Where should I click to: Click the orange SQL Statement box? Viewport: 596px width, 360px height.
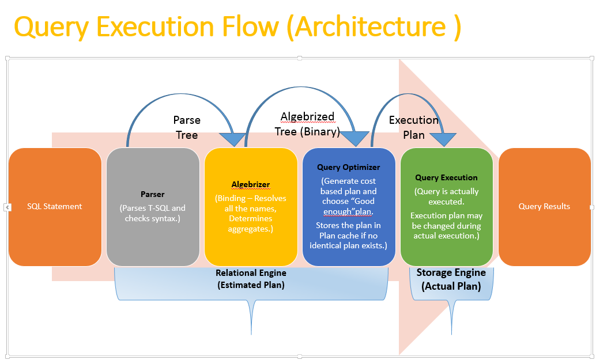point(55,207)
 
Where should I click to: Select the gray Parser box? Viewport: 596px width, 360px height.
point(153,207)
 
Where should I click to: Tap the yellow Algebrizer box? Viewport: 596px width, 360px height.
point(251,207)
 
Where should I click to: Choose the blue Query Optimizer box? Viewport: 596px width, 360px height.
point(349,207)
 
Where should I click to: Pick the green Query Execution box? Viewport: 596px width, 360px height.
point(447,207)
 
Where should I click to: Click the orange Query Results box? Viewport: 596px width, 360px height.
point(544,207)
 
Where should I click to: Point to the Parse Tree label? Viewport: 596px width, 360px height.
point(187,127)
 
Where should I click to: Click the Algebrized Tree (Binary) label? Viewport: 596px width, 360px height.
point(307,124)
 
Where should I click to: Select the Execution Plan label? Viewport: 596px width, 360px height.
point(414,127)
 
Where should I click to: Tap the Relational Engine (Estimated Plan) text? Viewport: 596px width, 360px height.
point(251,279)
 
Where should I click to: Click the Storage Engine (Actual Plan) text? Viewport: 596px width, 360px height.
point(451,279)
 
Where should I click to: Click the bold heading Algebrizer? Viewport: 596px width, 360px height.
point(251,185)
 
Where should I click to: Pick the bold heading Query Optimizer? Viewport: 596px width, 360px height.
point(349,168)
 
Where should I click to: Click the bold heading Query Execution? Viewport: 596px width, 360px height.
point(447,178)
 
